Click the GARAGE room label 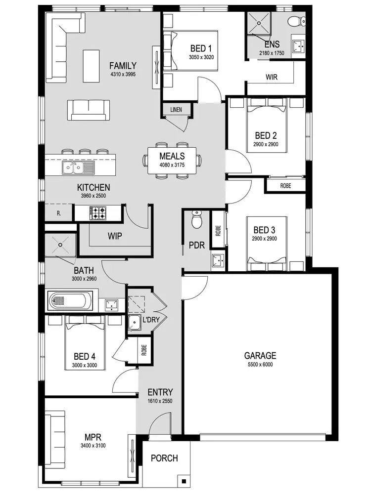pyautogui.click(x=260, y=355)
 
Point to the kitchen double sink pyautogui.click(x=78, y=169)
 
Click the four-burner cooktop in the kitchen pyautogui.click(x=97, y=213)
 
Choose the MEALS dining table pyautogui.click(x=172, y=160)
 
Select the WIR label pyautogui.click(x=271, y=78)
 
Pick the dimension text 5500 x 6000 pyautogui.click(x=260, y=365)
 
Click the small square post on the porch pyautogui.click(x=184, y=481)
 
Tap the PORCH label pyautogui.click(x=164, y=458)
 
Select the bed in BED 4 pyautogui.click(x=85, y=344)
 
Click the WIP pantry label pyautogui.click(x=115, y=236)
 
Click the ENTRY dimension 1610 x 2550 pyautogui.click(x=160, y=401)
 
